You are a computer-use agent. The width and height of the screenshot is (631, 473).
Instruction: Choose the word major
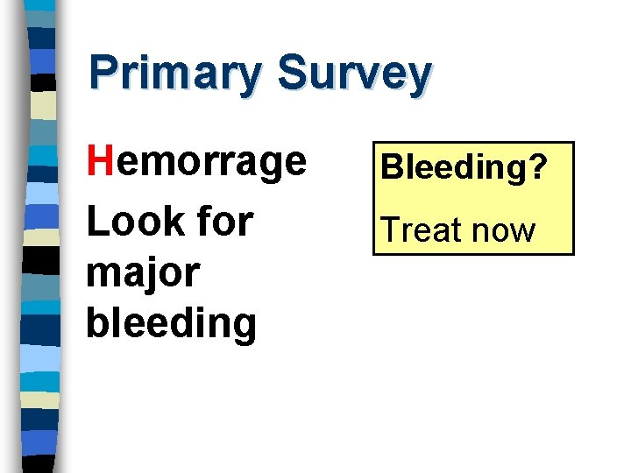coord(143,273)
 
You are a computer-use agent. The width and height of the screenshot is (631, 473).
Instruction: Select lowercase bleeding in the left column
coord(171,322)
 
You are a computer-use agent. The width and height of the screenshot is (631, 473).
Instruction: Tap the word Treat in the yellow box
coord(419,230)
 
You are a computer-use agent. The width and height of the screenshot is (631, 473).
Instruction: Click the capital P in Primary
coord(103,74)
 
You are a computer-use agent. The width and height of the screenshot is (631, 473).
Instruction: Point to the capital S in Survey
coord(292,74)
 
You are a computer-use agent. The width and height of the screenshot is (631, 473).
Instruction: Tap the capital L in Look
coord(96,222)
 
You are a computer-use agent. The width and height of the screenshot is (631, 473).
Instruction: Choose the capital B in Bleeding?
coord(391,166)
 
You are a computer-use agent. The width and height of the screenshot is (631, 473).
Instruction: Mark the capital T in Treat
coord(387,229)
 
